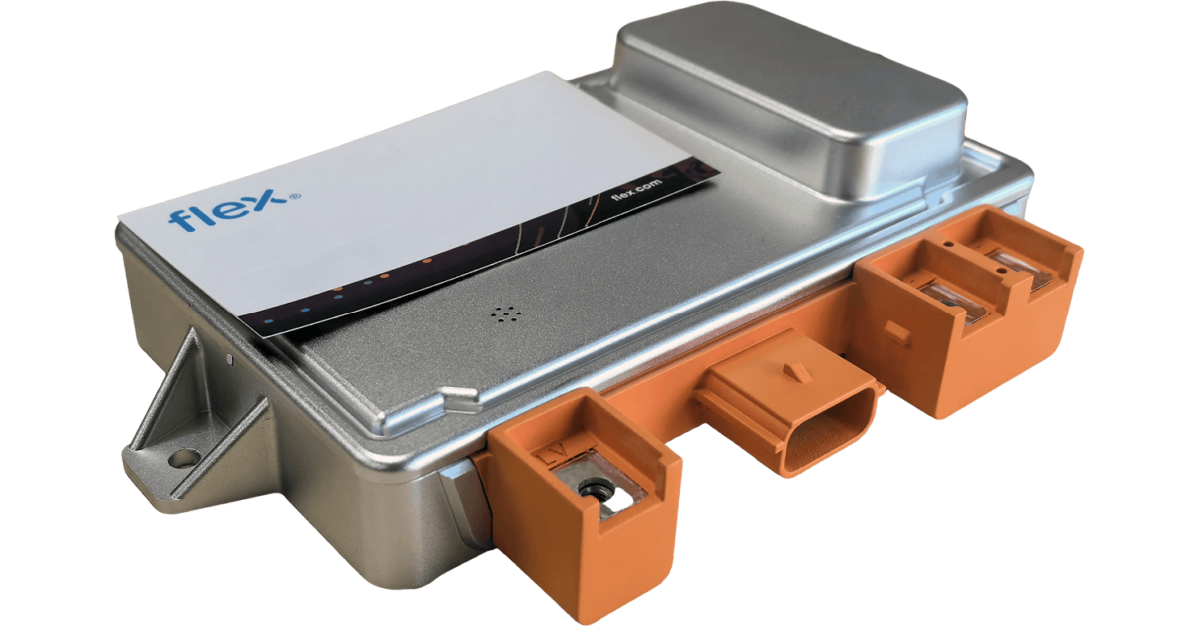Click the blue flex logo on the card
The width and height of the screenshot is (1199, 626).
(x=228, y=210)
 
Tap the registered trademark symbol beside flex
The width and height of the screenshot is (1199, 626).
(x=295, y=197)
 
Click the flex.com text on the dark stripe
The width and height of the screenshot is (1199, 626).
(x=636, y=190)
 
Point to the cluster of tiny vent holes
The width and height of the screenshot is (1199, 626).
(x=506, y=314)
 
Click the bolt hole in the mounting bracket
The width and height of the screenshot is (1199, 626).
(x=184, y=458)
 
